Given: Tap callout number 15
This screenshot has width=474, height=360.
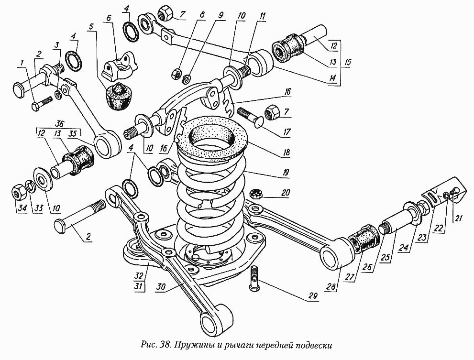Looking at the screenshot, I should point(348,62).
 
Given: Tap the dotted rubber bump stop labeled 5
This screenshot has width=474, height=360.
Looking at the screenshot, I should point(118,96).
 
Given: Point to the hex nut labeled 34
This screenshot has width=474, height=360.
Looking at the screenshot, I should point(18,192).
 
